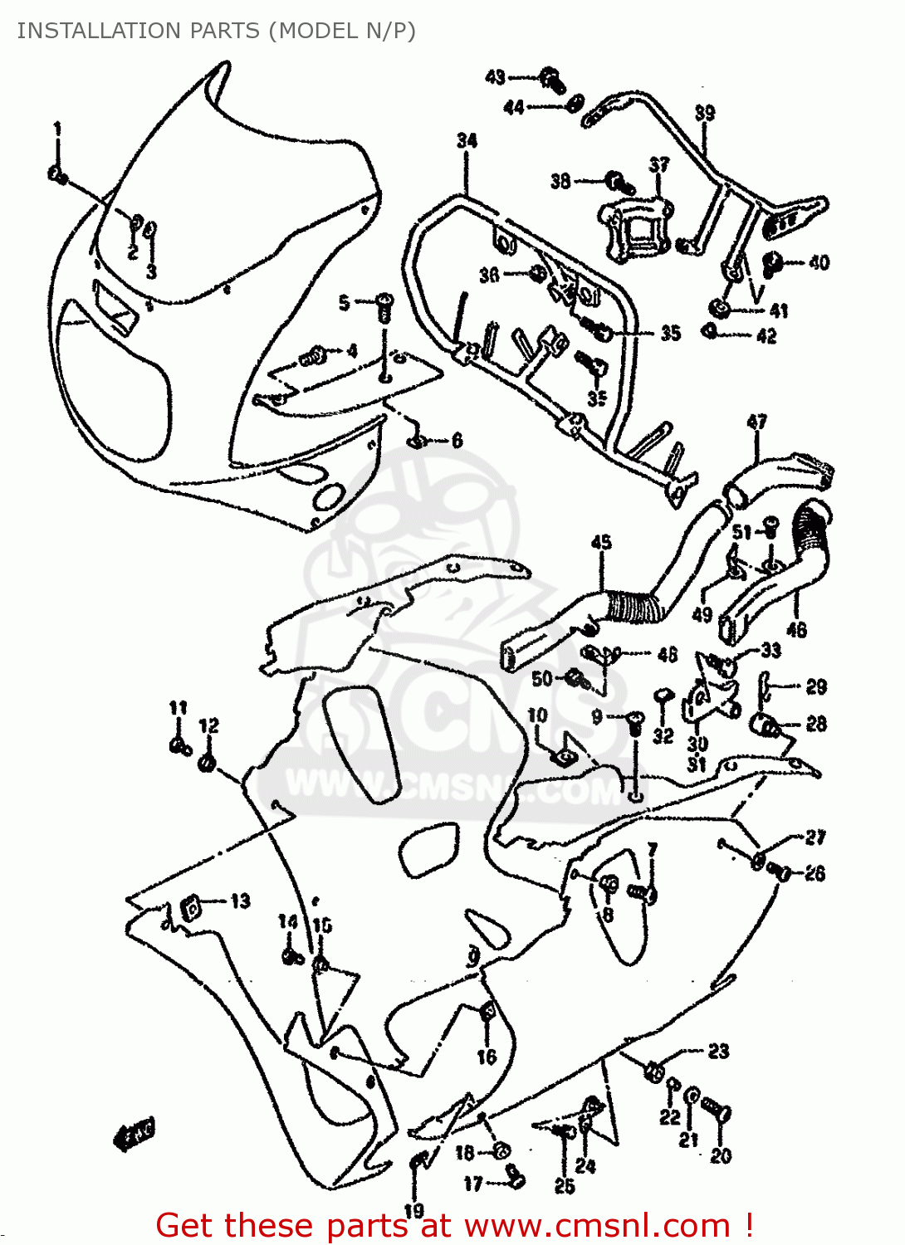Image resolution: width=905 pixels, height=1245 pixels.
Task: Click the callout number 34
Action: tap(467, 140)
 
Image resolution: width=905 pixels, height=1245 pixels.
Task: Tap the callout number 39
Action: tap(704, 113)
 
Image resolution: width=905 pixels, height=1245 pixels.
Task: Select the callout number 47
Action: tap(756, 422)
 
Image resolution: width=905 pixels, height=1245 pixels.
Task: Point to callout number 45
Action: tap(601, 542)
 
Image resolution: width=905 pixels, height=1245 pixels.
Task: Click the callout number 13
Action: tap(240, 901)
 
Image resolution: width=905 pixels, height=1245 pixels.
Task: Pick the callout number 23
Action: tap(718, 1052)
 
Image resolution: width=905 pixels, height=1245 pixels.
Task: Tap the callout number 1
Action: tap(57, 129)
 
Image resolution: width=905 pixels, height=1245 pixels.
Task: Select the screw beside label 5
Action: tap(384, 305)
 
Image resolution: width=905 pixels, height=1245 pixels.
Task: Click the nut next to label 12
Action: tap(208, 761)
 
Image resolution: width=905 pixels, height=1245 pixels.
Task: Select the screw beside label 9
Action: tap(634, 721)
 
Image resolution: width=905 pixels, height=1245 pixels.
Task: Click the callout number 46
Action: tap(795, 630)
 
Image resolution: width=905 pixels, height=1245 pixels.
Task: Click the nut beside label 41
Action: tap(720, 309)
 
